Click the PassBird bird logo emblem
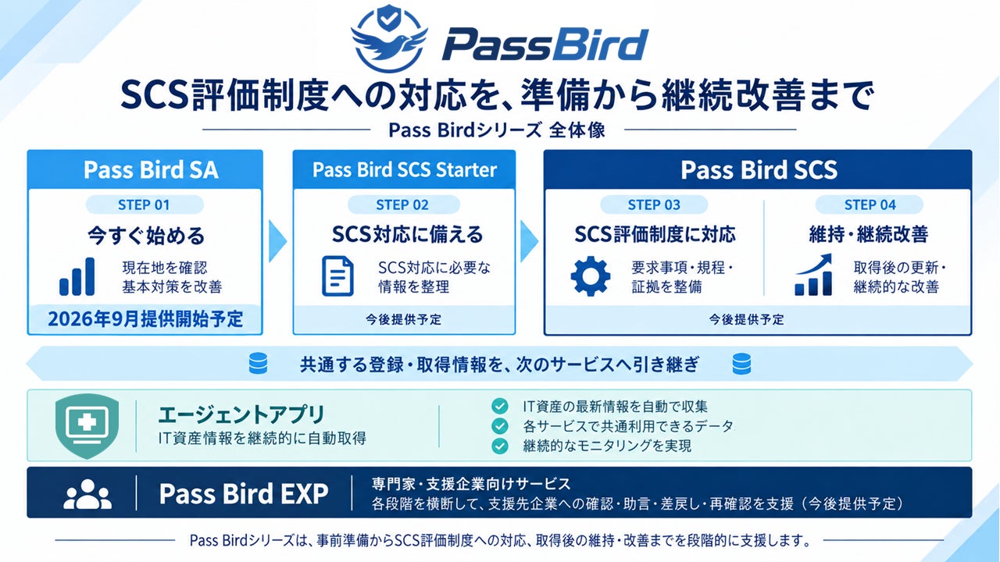(x=389, y=39)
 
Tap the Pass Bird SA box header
(x=145, y=169)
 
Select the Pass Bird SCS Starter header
(x=404, y=169)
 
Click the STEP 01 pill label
(x=145, y=205)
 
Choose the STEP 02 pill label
(x=402, y=205)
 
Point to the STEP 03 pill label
(x=654, y=205)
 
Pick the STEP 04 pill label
(x=870, y=205)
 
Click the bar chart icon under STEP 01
(x=77, y=276)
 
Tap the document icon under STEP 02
(x=338, y=276)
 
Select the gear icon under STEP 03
(x=590, y=276)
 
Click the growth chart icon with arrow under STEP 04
(x=813, y=275)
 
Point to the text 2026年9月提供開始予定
(x=145, y=319)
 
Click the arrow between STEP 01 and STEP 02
(x=277, y=241)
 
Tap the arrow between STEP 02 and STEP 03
(x=529, y=241)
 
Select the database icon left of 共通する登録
(x=258, y=364)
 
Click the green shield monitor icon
(x=87, y=425)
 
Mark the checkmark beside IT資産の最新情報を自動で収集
(x=499, y=406)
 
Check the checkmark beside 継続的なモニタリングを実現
(x=499, y=446)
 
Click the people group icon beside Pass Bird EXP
(x=87, y=494)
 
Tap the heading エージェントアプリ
(x=241, y=414)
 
